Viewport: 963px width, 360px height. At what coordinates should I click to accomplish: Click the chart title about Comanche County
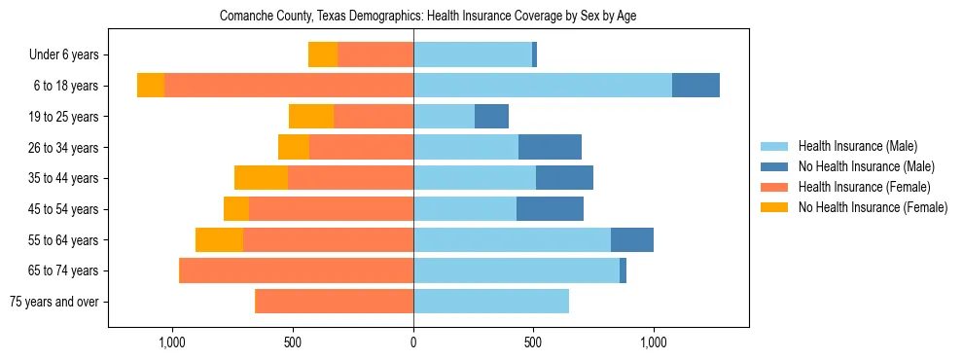(x=428, y=17)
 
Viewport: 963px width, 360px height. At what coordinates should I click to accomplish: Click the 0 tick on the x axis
(x=413, y=342)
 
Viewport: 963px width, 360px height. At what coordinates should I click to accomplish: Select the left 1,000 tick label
(x=171, y=342)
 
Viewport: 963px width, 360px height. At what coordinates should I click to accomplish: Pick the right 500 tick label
(x=533, y=342)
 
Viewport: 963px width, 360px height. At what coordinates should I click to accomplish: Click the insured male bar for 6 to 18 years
(x=542, y=86)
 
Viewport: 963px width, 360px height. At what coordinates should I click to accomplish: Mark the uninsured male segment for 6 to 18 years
(x=695, y=86)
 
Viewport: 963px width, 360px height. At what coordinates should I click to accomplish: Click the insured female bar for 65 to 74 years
(x=297, y=270)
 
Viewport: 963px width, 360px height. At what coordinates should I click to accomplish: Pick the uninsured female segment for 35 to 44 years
(x=261, y=178)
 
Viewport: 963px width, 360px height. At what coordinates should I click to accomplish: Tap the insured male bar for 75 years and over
(x=491, y=302)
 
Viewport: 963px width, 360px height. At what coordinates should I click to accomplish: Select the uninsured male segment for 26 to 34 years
(x=550, y=147)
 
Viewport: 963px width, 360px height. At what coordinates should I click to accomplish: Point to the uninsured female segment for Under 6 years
(x=323, y=54)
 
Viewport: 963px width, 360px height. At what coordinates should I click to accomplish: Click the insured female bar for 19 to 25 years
(x=374, y=117)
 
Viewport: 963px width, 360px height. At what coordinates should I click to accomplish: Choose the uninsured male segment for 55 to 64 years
(x=632, y=239)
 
